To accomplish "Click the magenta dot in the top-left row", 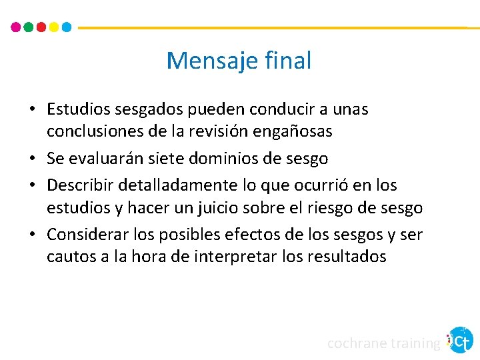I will click(x=16, y=27).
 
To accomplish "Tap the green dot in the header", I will click(x=29, y=27).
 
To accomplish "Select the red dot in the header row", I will click(x=41, y=27).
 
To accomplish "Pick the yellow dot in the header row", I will click(x=54, y=27).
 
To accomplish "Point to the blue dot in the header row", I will click(x=66, y=27).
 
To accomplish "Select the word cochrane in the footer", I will click(x=357, y=343).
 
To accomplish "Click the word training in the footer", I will click(x=415, y=344).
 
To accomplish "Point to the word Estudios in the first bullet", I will click(x=75, y=109).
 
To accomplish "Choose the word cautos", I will click(x=69, y=257).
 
